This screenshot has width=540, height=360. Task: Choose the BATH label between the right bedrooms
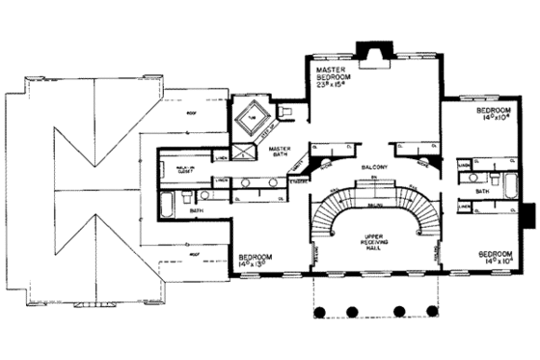(x=482, y=191)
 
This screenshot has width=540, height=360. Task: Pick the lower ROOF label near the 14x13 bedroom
(x=197, y=255)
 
